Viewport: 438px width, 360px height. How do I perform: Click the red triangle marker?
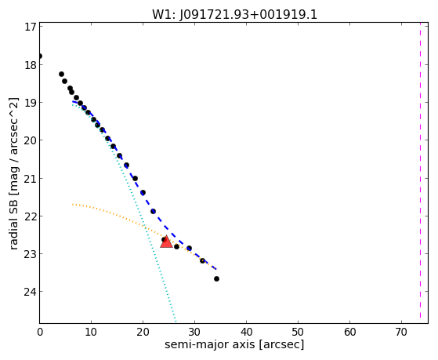(166, 242)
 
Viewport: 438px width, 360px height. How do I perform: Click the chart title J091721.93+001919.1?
(248, 15)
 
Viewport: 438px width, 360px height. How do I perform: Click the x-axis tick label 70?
(401, 333)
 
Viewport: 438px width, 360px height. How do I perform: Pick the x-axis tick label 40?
(246, 333)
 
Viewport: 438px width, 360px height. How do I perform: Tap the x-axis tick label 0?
(40, 333)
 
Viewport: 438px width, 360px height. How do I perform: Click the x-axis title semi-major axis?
(209, 344)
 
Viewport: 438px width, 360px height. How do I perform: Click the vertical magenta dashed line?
(420, 173)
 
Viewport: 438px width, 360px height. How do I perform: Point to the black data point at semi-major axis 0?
(40, 56)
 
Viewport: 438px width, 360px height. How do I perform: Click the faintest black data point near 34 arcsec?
(216, 278)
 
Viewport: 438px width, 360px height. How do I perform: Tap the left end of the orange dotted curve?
(73, 205)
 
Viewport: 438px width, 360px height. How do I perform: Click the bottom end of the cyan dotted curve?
(176, 321)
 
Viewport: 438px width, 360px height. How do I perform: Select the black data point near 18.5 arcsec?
(136, 178)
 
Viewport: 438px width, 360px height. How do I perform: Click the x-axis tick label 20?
(143, 333)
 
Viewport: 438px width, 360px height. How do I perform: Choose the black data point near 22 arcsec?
(153, 211)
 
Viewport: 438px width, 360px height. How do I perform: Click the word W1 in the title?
(162, 15)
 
